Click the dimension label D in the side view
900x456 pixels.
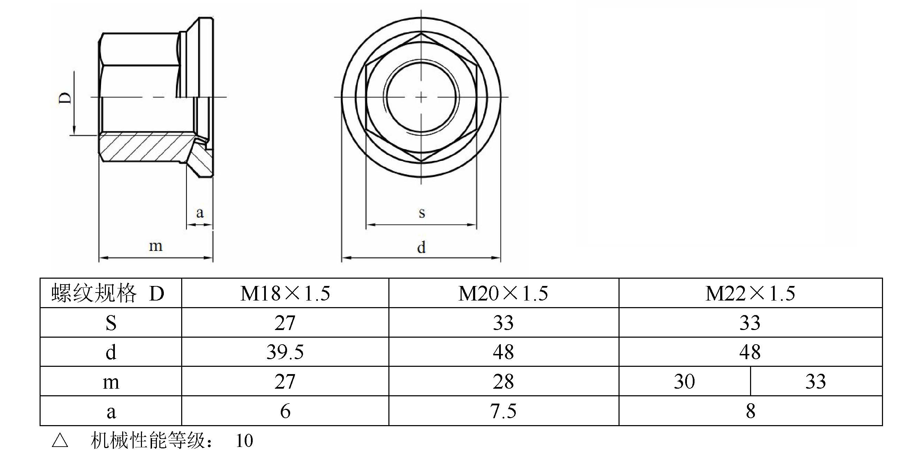point(65,98)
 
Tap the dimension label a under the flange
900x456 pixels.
point(200,212)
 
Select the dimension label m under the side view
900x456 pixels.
point(155,246)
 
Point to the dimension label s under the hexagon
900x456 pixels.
point(422,212)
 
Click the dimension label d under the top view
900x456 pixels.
point(421,247)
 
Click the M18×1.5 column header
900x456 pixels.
point(285,293)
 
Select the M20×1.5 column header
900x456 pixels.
point(503,293)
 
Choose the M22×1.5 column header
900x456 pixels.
point(750,293)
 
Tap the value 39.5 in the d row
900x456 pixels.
point(285,352)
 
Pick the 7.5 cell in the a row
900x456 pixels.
point(503,411)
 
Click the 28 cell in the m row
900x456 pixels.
point(503,382)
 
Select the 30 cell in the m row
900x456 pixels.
point(684,382)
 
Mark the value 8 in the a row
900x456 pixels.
point(750,411)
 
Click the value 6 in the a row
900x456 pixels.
point(285,411)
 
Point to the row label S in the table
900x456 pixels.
point(111,323)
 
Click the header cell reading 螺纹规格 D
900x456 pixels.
point(108,293)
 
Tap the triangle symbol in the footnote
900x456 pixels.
point(60,441)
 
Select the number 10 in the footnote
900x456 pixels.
point(244,441)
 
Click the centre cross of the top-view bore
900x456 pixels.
point(421,97)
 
